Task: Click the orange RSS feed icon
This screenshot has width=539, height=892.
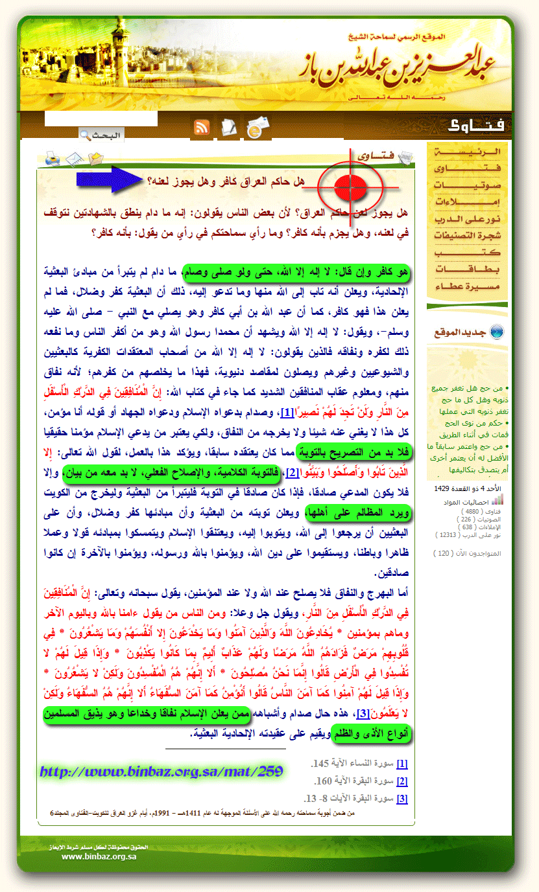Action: (202, 127)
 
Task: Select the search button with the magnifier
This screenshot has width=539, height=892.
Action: (101, 135)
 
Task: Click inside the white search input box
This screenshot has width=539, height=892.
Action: (101, 119)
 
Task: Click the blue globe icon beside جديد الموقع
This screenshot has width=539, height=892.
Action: (496, 332)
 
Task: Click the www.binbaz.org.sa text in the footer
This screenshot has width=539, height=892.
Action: (99, 856)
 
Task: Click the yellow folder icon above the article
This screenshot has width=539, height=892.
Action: (96, 158)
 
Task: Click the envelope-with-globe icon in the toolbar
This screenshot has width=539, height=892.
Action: (258, 127)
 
